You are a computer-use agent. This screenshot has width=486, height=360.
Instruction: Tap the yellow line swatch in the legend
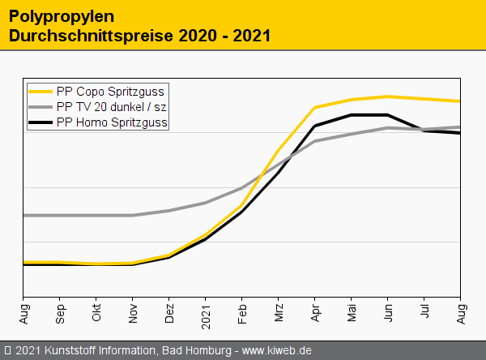click(40, 92)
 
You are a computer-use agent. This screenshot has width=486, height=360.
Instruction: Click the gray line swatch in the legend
click(40, 107)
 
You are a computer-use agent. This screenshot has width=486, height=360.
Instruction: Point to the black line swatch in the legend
click(40, 122)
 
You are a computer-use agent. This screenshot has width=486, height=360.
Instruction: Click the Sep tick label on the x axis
click(60, 312)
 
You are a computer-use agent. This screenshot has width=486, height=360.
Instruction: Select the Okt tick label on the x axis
click(96, 312)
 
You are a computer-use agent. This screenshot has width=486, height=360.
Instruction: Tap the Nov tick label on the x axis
click(133, 312)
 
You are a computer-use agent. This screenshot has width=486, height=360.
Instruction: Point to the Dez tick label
click(169, 312)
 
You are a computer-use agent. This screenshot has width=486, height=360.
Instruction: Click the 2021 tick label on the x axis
click(206, 314)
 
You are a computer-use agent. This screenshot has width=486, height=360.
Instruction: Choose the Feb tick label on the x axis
click(242, 312)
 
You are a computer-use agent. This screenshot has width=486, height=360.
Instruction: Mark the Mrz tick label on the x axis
click(279, 312)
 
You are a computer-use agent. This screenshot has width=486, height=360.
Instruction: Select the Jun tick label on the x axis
click(388, 312)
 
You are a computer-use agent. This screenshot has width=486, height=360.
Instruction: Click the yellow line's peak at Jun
click(388, 96)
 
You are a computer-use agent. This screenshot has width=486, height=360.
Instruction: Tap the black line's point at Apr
click(315, 126)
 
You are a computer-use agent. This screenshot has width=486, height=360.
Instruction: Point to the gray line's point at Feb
click(242, 187)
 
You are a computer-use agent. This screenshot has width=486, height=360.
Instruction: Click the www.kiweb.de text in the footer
click(277, 351)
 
